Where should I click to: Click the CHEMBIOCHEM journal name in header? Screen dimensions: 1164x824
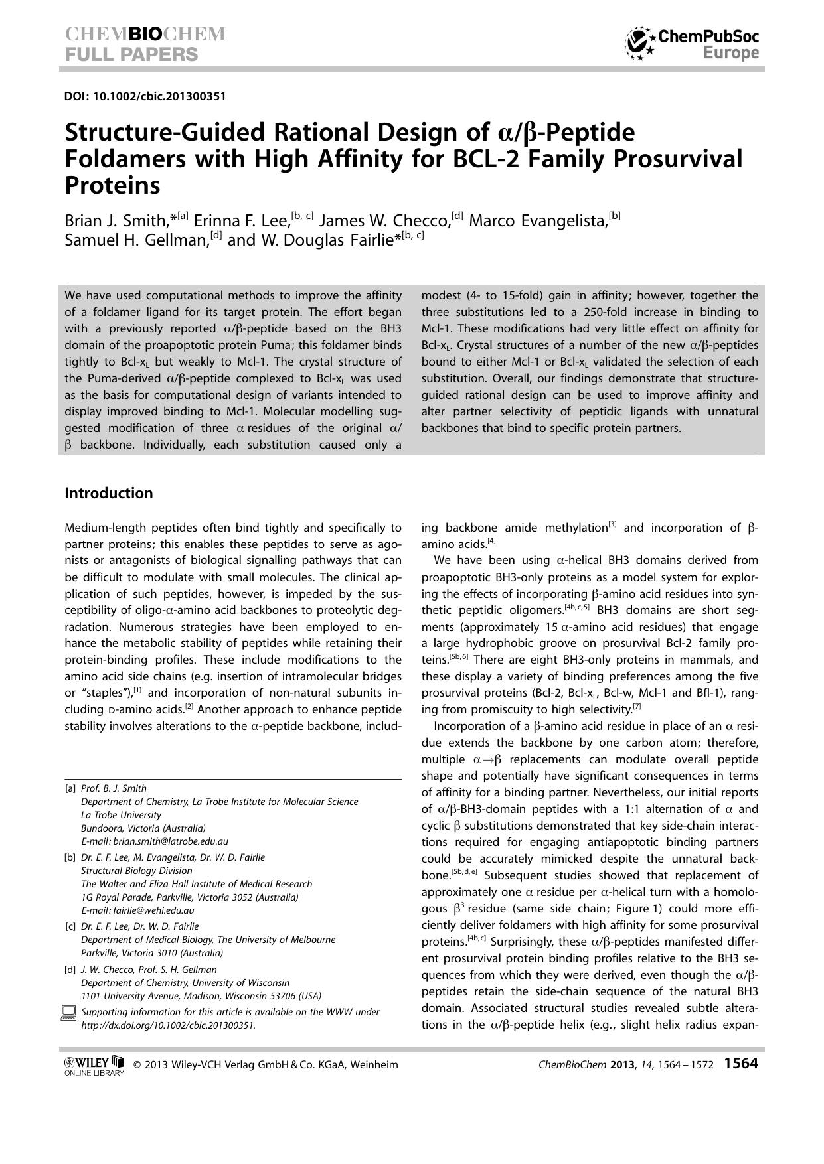coord(145,34)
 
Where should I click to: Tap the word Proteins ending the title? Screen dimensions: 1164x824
coord(112,185)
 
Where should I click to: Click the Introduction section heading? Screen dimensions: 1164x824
coord(109,493)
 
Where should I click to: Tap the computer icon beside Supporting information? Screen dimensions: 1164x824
coord(68,1013)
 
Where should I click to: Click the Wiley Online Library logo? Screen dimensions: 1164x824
coord(94,1066)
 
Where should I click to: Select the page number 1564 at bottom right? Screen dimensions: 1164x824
coord(740,1064)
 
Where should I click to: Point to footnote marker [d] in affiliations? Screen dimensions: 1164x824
coord(70,970)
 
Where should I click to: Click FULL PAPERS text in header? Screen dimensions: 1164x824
coord(131,54)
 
